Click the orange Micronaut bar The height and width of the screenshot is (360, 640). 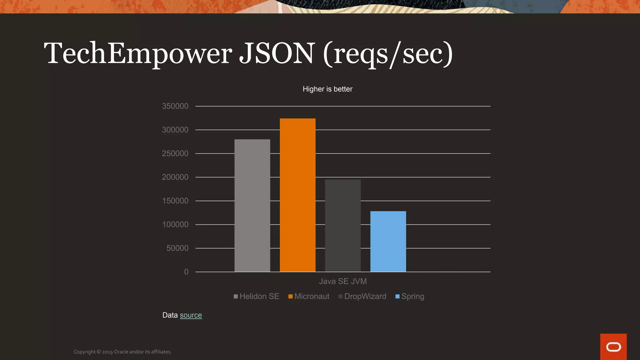[297, 195]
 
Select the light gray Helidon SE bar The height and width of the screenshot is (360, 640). [252, 205]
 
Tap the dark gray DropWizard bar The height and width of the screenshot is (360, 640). [343, 225]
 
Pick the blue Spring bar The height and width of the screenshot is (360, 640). [388, 241]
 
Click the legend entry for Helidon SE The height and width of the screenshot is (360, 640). [257, 296]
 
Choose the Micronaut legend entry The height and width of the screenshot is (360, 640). [309, 296]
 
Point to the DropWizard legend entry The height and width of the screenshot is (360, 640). [362, 296]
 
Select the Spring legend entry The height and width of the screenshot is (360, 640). [410, 296]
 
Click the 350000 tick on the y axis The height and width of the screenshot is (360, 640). [175, 106]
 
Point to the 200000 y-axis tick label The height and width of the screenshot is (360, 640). [175, 177]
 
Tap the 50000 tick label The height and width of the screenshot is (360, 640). [177, 248]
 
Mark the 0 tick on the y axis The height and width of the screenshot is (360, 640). [186, 272]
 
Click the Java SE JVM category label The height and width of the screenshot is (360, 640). [343, 281]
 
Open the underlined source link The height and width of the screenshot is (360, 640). [191, 315]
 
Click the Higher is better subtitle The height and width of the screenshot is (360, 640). [327, 89]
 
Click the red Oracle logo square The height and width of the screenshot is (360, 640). [613, 347]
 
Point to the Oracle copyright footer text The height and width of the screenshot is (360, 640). [122, 352]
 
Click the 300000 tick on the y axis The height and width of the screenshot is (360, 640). [175, 130]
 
